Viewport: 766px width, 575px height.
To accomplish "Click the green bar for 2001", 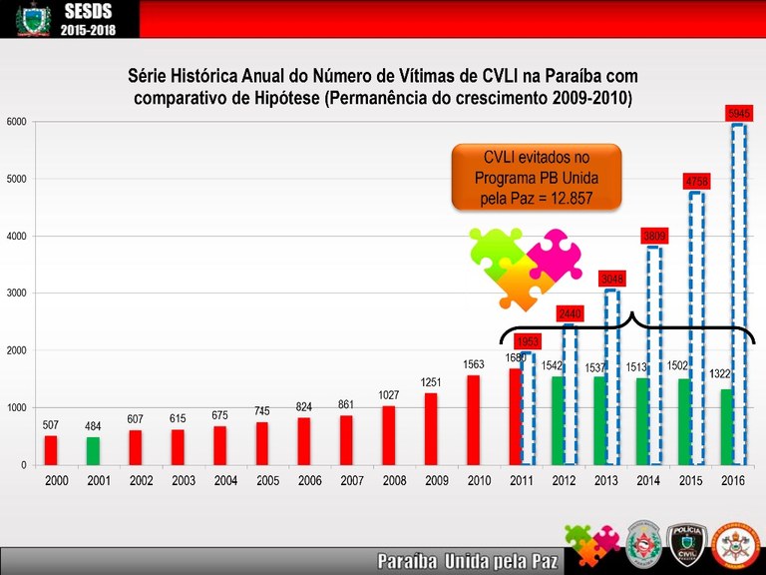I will (x=93, y=451).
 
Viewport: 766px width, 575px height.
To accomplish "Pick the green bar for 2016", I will (x=726, y=427).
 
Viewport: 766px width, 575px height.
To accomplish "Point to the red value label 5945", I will (x=739, y=114).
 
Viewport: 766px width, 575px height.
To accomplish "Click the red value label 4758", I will (x=697, y=181).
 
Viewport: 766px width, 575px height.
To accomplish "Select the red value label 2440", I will (x=570, y=313).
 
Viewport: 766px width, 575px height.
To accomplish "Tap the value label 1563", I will (x=474, y=365).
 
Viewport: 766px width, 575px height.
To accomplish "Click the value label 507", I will (x=51, y=424).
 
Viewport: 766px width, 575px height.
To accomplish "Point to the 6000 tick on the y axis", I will (x=15, y=122).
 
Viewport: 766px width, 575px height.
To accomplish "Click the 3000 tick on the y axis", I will (x=15, y=293).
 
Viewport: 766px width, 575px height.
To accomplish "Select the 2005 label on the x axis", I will (x=267, y=481).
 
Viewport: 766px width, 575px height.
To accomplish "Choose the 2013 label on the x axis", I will (x=605, y=481).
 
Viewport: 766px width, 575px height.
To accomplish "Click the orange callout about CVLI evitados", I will (x=537, y=178).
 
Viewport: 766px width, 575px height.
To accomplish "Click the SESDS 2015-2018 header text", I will (x=89, y=19).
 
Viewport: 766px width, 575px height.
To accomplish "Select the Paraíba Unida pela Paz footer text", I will (x=465, y=561).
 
